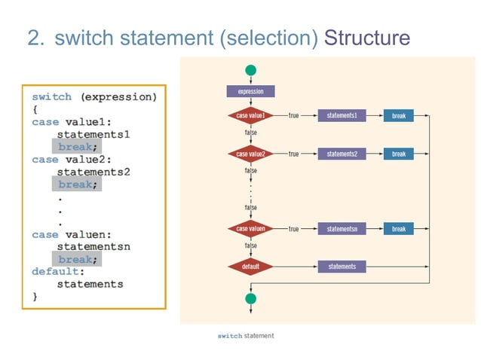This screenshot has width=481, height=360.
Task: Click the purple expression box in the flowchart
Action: coord(250,91)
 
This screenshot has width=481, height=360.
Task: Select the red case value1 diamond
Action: coord(250,116)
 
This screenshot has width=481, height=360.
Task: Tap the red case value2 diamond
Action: coord(250,154)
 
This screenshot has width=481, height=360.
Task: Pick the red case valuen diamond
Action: coord(250,228)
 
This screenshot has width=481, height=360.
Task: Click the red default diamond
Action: coord(250,267)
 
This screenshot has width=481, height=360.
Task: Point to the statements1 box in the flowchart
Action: coord(342,116)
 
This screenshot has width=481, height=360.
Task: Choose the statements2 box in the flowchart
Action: coord(342,154)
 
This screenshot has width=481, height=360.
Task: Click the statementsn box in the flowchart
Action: coord(342,228)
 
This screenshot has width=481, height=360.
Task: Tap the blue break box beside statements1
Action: coord(398,116)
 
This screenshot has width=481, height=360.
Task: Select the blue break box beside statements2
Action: coord(398,154)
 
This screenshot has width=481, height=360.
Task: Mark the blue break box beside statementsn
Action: coord(398,228)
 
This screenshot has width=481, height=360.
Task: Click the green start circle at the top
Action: coord(250,70)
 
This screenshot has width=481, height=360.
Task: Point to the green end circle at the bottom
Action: coord(250,298)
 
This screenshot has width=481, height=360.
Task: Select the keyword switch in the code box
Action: coord(52,97)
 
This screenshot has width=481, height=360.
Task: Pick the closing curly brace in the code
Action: coord(35,297)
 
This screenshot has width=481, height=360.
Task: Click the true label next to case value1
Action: coord(293,116)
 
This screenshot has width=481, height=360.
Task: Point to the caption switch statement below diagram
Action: coord(245,335)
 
